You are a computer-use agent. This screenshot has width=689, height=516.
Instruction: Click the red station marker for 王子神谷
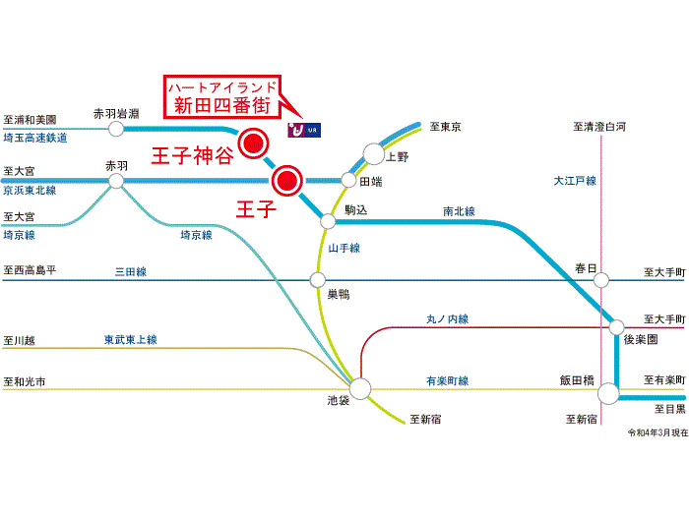point(254,143)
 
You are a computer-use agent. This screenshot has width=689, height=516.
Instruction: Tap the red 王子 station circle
point(287,180)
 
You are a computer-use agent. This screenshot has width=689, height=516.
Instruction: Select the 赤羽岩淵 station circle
point(116,129)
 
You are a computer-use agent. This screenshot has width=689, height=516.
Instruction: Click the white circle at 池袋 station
point(360,389)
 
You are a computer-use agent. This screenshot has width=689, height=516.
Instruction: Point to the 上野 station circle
point(374,154)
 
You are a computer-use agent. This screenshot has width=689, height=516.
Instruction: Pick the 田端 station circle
point(348,180)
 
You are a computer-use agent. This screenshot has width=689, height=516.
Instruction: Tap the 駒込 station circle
point(328,221)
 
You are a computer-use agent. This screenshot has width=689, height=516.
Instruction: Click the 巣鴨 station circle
point(318,279)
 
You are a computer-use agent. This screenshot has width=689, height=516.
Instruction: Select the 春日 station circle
point(601,280)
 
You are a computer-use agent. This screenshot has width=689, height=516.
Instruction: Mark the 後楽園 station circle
point(616,327)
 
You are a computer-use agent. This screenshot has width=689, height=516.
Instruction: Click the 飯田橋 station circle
point(608,393)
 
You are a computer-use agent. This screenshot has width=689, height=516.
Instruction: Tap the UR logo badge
point(304,130)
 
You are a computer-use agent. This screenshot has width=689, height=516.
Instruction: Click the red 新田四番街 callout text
point(221,106)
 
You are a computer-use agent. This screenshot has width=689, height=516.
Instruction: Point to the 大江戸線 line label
point(575,181)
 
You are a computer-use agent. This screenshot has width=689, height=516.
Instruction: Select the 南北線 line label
point(459,211)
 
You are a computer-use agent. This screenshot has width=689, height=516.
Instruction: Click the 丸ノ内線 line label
point(447,319)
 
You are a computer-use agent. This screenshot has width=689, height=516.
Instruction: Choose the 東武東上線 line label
point(131,340)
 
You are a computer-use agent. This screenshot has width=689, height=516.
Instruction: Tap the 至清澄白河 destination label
point(599,127)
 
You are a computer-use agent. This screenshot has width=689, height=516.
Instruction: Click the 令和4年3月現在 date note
point(658,432)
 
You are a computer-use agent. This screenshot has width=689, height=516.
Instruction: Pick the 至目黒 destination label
point(670,409)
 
